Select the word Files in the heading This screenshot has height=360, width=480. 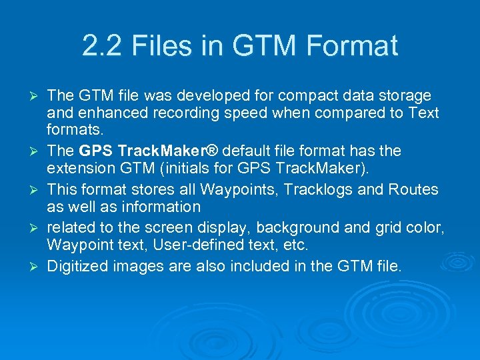pyautogui.click(x=161, y=46)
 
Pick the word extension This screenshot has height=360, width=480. pyautogui.click(x=80, y=167)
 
